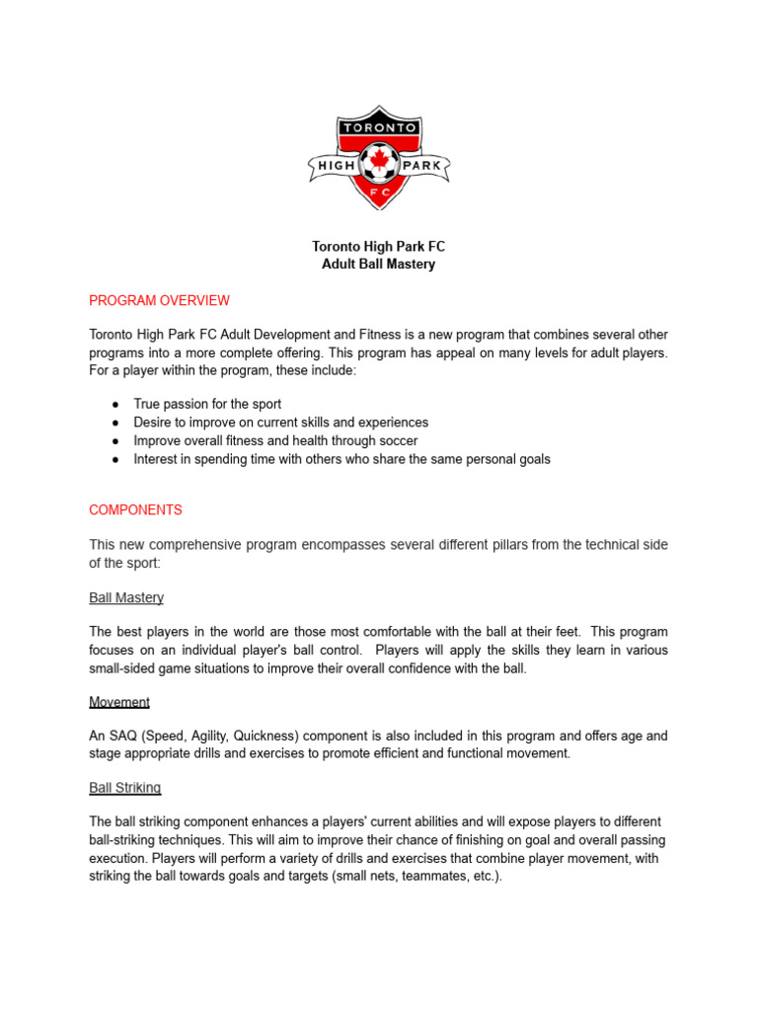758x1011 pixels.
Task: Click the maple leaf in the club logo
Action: coord(379,157)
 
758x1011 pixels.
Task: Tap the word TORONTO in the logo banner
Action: coord(379,127)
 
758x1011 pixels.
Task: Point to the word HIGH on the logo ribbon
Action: coord(336,166)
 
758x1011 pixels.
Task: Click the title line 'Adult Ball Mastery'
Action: coord(379,265)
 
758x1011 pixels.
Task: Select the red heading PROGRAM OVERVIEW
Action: coord(159,300)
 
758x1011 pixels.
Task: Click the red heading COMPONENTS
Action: coord(135,510)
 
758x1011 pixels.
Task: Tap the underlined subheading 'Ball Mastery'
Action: coord(126,597)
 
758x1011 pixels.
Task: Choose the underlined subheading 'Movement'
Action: coord(119,702)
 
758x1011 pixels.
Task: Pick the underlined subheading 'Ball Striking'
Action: coord(124,788)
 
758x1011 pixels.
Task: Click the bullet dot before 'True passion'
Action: coord(115,405)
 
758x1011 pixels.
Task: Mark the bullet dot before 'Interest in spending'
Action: coord(115,459)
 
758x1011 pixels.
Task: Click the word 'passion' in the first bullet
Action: coord(191,404)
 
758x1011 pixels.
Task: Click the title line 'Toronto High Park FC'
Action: coord(379,246)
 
